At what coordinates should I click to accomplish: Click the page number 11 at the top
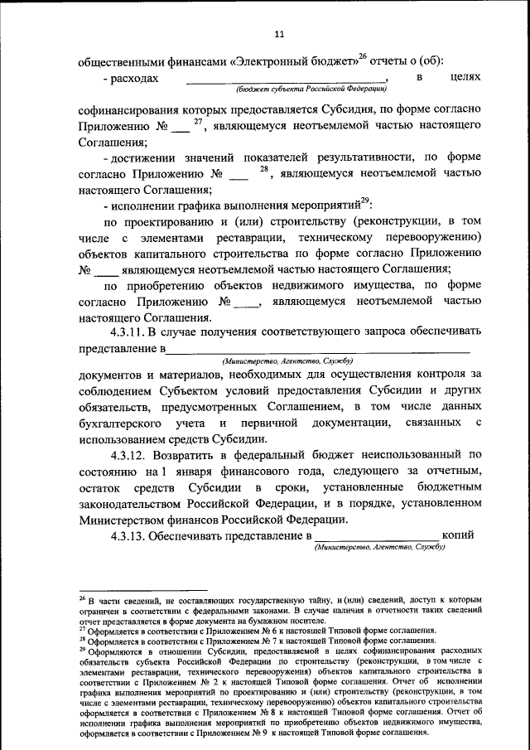278,34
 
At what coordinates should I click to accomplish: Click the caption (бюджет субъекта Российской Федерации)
311,89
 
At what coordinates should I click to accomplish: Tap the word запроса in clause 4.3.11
359,333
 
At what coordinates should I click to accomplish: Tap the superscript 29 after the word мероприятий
365,201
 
